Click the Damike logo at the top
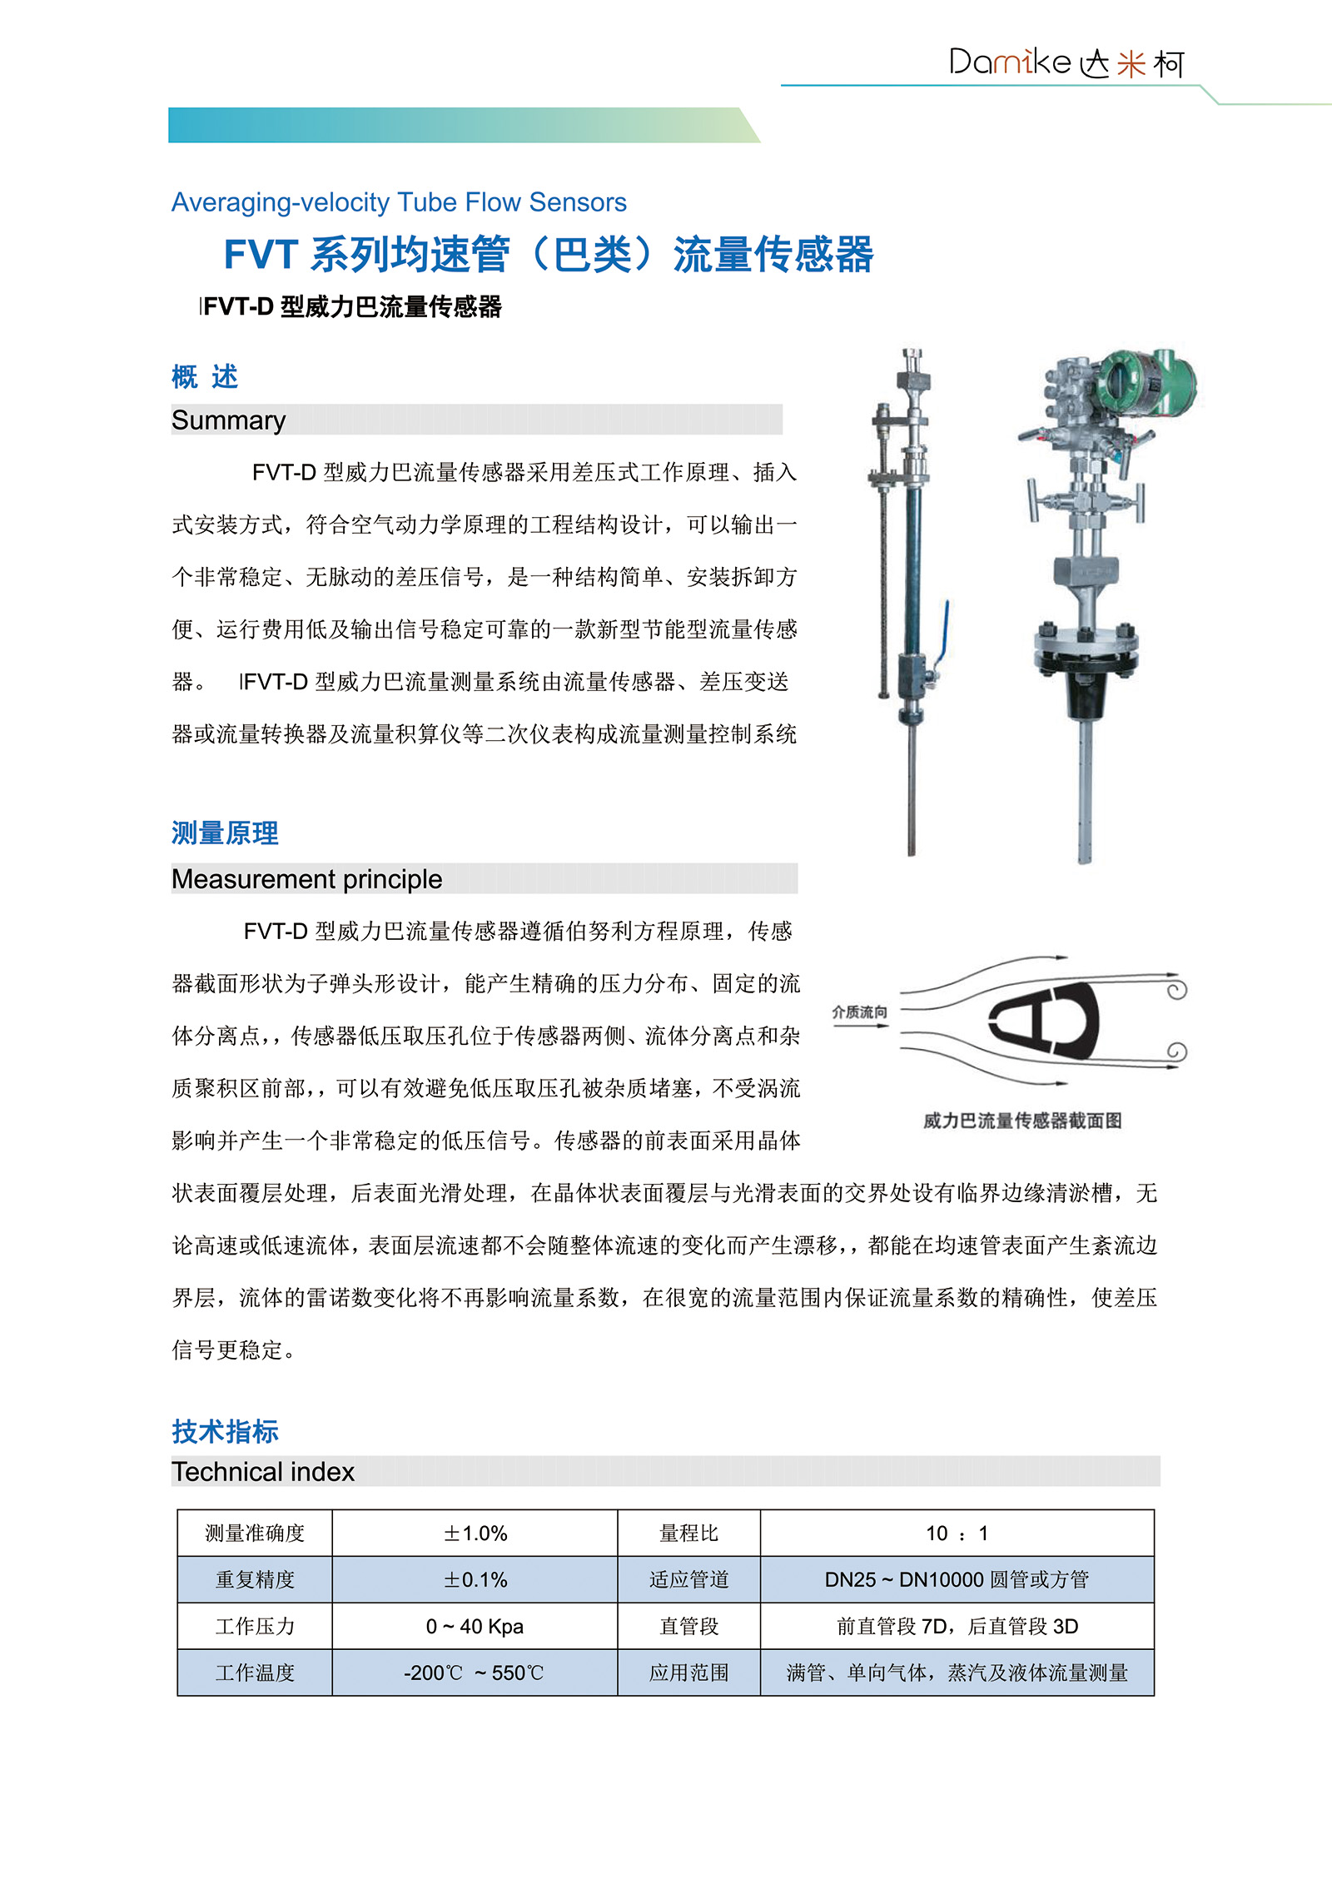[1066, 62]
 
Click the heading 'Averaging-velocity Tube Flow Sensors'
[399, 202]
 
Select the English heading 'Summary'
[228, 420]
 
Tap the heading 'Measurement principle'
[306, 879]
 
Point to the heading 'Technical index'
[263, 1472]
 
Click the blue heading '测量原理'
[225, 833]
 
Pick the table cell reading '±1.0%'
[475, 1534]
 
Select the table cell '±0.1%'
[475, 1580]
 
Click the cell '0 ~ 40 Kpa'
[475, 1627]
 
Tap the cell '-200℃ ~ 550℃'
[475, 1673]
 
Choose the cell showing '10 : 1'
[957, 1534]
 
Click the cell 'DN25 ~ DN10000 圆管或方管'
[957, 1580]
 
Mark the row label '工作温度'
[255, 1673]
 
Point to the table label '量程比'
[688, 1534]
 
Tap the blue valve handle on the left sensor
[945, 633]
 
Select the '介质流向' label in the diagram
[859, 1012]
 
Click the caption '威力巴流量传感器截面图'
[1022, 1121]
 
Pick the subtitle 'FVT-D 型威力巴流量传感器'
[352, 307]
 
